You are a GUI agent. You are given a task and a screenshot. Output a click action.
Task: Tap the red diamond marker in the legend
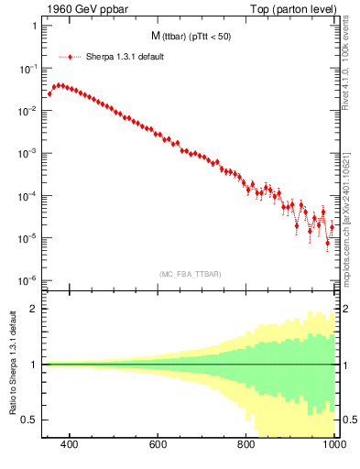tap(70, 57)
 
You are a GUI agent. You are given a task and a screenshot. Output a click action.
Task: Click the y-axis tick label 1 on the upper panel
tap(34, 26)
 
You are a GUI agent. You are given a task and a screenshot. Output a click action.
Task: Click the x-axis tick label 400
tap(69, 445)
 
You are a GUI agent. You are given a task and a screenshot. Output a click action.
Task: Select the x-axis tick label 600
tap(158, 445)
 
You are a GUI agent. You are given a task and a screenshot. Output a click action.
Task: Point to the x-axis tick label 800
tap(245, 445)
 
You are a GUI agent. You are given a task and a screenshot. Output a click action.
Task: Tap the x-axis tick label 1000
tap(332, 445)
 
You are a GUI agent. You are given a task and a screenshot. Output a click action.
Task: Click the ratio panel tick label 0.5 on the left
tap(29, 420)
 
